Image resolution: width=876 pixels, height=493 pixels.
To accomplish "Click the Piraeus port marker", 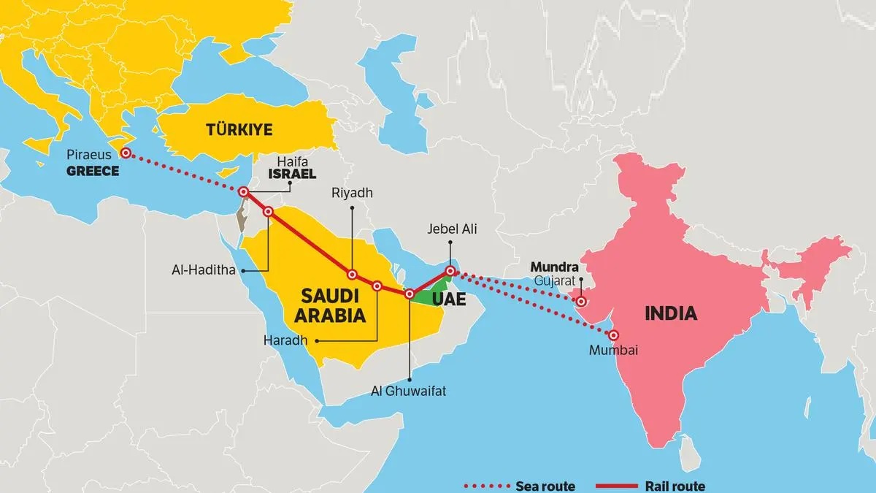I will point(126,153).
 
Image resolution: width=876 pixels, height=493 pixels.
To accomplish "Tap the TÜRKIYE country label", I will point(239,130).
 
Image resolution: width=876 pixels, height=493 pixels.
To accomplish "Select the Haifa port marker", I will point(244,192).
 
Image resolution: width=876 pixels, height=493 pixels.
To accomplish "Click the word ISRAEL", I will point(291,175).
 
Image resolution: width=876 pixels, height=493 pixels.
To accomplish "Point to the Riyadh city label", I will point(352,193).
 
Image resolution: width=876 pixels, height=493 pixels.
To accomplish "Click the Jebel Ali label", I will point(452,229).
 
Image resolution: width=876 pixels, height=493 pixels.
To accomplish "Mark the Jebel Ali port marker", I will point(451,272).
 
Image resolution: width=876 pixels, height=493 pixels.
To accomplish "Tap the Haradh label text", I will point(285,340).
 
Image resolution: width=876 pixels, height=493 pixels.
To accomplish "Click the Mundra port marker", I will point(581,301).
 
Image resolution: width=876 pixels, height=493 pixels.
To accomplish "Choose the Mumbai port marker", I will point(614,336).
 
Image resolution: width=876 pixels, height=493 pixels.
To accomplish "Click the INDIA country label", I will point(670,314).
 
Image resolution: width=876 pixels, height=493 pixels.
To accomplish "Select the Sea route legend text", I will point(545,486).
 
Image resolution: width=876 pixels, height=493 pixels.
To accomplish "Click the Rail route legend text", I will point(675,486).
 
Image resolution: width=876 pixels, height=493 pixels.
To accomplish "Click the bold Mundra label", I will point(554,267).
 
